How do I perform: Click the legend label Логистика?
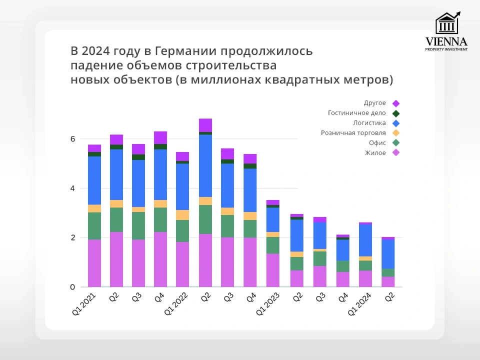[x=369, y=123]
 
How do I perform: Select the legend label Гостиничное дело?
[x=357, y=113]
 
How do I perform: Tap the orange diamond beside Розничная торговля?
[x=396, y=133]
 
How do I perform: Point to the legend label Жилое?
[x=375, y=153]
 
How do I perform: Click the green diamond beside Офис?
[x=396, y=143]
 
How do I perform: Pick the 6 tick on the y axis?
[x=72, y=139]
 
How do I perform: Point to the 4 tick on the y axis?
[x=72, y=188]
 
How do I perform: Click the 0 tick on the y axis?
[x=72, y=287]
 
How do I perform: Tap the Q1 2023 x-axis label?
[x=265, y=305]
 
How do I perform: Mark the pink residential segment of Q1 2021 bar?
[x=94, y=263]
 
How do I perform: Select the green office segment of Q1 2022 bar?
[x=182, y=231]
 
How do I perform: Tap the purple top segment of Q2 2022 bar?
[x=205, y=125]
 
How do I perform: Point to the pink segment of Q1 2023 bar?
[x=272, y=270]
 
